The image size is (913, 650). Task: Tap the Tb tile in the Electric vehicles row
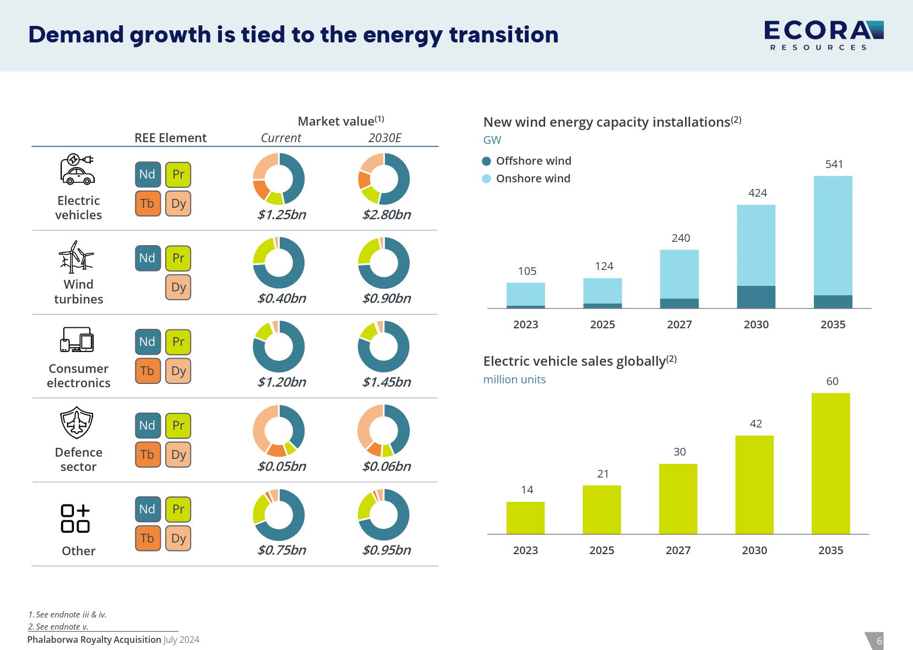[x=148, y=203]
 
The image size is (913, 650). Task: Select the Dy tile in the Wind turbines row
[x=178, y=287]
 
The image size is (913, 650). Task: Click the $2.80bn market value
[x=387, y=214]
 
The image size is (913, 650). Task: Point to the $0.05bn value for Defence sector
[x=281, y=466]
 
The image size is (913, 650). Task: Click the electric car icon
[x=77, y=170]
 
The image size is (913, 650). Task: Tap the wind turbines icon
[x=77, y=257]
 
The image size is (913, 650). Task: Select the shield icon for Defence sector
[x=77, y=422]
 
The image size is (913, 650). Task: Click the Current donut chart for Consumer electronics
[x=279, y=347]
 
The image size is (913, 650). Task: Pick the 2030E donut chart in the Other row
[x=384, y=515]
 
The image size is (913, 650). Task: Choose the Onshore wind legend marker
[x=486, y=178]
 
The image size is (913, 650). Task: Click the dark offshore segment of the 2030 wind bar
[x=756, y=297]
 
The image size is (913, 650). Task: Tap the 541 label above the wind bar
[x=834, y=164]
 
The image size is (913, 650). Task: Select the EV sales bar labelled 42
[x=754, y=485]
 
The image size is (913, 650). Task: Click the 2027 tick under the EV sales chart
[x=678, y=550]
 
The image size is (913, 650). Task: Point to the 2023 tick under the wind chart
[x=525, y=324]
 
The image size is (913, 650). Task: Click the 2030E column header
[x=384, y=138]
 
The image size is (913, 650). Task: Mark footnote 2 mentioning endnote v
[x=58, y=626]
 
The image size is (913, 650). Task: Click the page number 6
[x=879, y=641]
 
